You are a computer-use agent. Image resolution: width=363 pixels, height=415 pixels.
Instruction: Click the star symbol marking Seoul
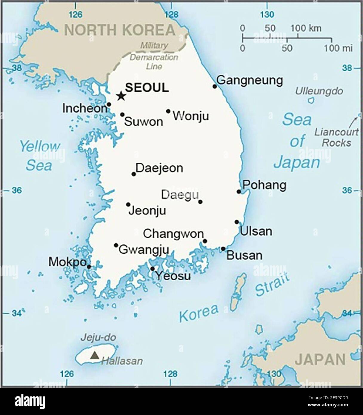tap(121, 96)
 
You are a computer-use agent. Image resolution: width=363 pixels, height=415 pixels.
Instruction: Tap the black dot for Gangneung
tap(215, 86)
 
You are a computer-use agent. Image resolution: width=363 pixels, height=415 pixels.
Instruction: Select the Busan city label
tap(244, 255)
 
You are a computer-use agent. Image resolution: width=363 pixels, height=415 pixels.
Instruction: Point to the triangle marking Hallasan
tap(95, 355)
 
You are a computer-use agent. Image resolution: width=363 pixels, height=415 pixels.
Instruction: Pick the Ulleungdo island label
tap(319, 91)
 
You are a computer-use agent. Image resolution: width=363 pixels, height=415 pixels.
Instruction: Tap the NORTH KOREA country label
tap(120, 30)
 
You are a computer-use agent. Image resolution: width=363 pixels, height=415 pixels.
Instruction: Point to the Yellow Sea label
tap(39, 156)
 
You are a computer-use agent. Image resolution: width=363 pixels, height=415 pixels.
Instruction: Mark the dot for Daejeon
tap(134, 174)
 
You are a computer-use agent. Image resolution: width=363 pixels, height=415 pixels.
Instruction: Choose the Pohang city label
tap(264, 185)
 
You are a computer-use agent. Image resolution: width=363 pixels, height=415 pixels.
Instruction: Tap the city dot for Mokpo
tap(89, 267)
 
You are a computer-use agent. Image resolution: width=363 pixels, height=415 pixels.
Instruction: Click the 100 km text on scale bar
tap(306, 28)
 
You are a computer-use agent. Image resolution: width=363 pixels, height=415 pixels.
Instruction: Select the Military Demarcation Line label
tap(154, 56)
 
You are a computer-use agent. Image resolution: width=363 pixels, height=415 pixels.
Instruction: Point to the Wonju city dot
tap(168, 111)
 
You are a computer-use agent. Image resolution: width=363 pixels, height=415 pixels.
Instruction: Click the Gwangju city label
tap(144, 249)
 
